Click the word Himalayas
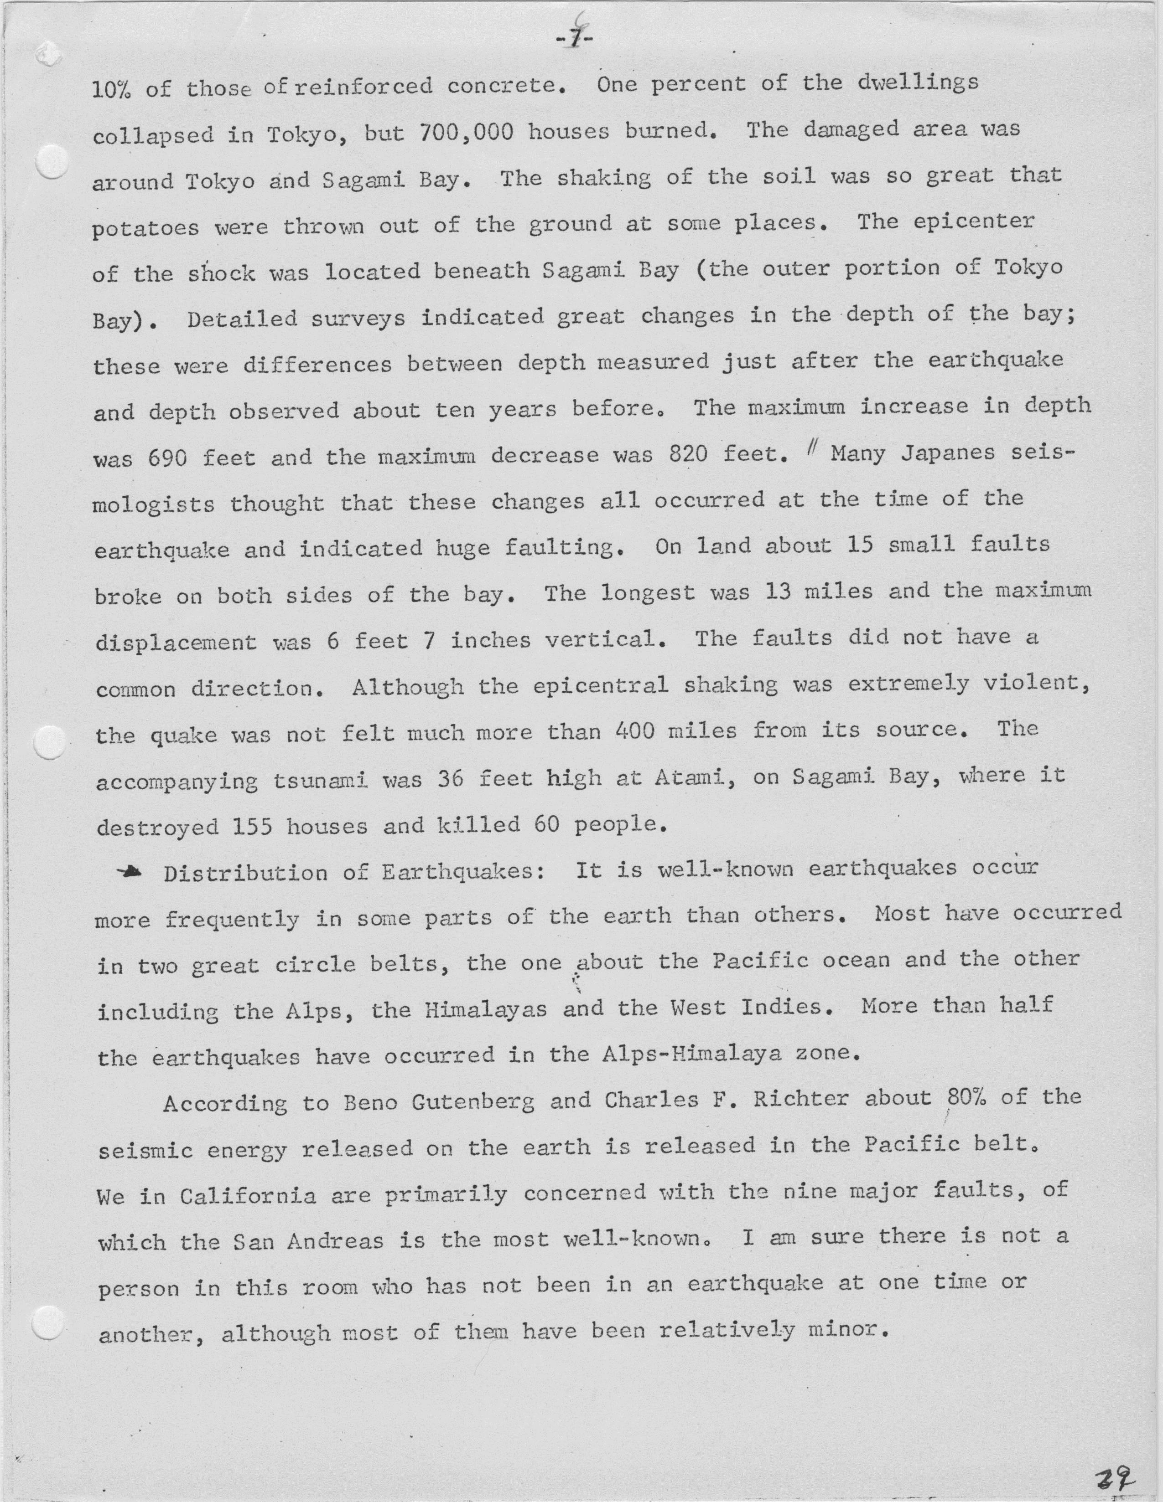(x=486, y=1009)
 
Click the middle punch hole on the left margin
(x=50, y=743)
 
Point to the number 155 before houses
(x=251, y=826)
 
